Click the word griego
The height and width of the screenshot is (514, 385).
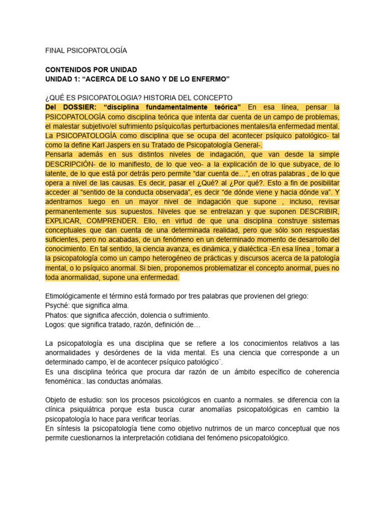(x=297, y=296)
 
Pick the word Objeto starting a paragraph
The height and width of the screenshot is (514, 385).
(x=57, y=400)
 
